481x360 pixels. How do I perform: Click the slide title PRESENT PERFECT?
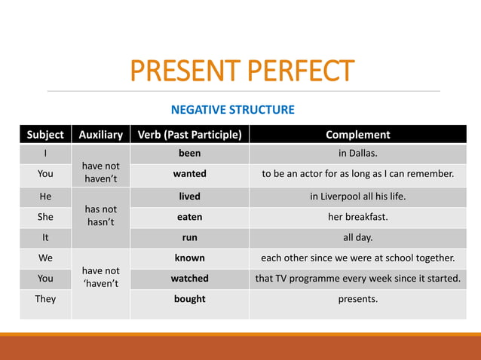241,71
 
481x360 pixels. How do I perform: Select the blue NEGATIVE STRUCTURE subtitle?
233,110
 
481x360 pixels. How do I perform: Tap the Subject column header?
45,135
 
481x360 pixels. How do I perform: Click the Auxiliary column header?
101,135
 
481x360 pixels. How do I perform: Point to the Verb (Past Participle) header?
189,135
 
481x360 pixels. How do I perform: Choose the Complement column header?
357,135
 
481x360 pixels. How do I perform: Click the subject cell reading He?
45,196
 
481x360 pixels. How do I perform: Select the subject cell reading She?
45,216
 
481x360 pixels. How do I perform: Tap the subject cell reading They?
45,299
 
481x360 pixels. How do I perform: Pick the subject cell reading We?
45,258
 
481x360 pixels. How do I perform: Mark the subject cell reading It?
45,236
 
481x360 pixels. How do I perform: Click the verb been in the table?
189,154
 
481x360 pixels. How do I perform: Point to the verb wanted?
189,174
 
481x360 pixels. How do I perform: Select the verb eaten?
189,216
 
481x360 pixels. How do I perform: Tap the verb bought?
189,299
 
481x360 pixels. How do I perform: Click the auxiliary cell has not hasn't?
101,215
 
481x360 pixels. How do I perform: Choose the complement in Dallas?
357,154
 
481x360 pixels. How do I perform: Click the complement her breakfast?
357,216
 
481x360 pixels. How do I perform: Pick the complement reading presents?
357,299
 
